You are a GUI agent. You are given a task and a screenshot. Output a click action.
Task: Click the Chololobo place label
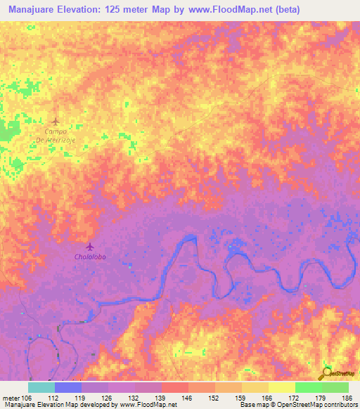click(89, 257)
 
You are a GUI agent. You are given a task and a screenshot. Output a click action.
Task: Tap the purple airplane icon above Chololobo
click(89, 247)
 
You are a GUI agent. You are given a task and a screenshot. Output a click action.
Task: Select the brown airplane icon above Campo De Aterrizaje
click(56, 122)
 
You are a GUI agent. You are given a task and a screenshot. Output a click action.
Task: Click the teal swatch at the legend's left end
click(41, 387)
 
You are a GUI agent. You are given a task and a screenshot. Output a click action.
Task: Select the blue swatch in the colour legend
click(67, 387)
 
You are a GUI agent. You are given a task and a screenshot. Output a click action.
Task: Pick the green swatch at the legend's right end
click(335, 387)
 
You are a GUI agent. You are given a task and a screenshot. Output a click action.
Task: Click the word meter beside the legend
click(12, 398)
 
